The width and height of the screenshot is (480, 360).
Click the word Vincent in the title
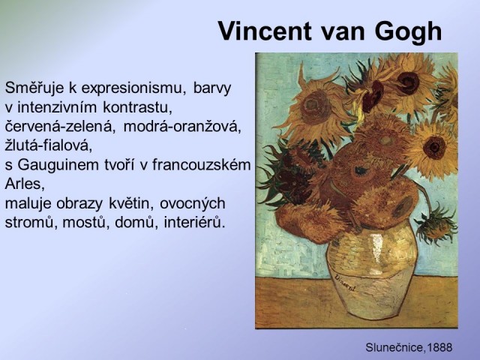coord(265,31)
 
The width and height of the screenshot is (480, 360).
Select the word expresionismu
coord(134,88)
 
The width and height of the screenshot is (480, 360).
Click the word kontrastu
coord(137,107)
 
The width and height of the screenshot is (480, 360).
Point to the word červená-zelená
coord(60,127)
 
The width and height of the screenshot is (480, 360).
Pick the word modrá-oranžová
coord(183,127)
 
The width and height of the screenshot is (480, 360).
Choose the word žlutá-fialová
coord(49,145)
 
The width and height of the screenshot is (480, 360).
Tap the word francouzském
coord(202,165)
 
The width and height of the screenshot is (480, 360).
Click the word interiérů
coord(195,223)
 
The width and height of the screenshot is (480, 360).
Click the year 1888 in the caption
coord(439,347)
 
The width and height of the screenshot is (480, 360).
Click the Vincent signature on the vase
coord(345,283)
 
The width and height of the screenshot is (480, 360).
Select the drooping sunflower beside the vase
coord(436,222)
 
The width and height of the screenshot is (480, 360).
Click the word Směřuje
coord(34,88)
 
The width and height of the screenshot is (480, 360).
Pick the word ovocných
coord(192,204)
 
